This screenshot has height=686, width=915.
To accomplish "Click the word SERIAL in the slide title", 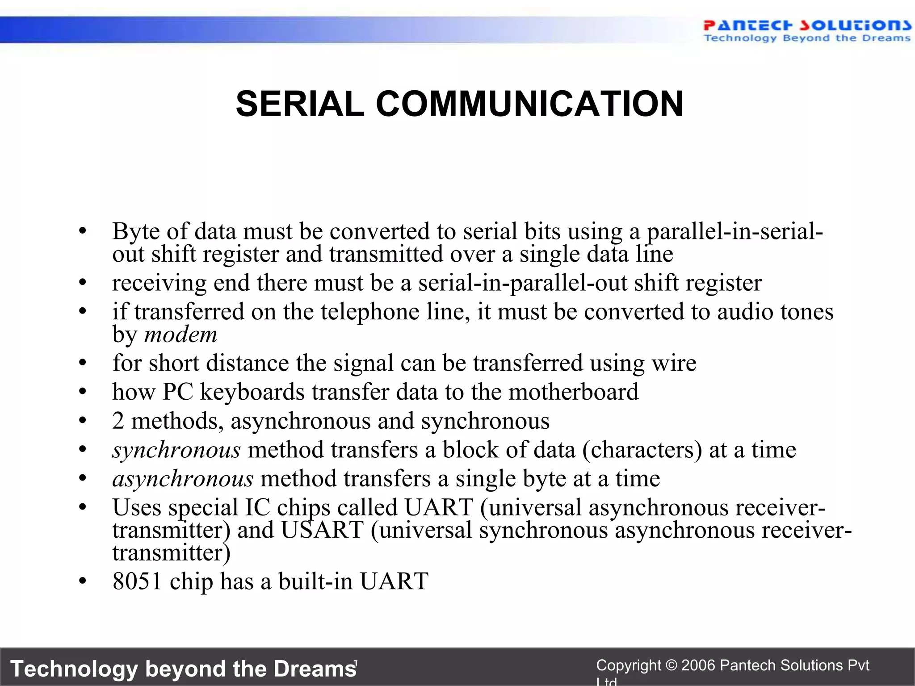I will coord(300,104).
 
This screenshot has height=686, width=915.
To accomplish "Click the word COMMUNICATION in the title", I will coord(529,104).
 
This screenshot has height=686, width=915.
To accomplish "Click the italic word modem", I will coord(180,335).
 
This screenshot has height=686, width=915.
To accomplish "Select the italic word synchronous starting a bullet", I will coord(176,450).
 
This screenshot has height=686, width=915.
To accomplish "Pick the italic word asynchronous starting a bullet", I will coord(183,479).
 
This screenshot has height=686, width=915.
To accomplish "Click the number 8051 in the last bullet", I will coord(137,581).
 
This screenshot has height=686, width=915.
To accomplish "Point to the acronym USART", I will coord(322,530).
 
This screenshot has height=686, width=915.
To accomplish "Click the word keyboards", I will coord(252,392).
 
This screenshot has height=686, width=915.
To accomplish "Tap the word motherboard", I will coord(573,392).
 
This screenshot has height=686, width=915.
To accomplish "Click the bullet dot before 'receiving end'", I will coord(82,283).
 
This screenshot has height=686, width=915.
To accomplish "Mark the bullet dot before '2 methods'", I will coord(82,421).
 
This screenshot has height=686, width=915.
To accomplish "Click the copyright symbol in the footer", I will coord(671,665).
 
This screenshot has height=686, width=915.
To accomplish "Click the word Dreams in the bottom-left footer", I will coord(315,669).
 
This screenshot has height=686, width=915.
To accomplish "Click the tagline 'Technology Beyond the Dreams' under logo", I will coord(806,38).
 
